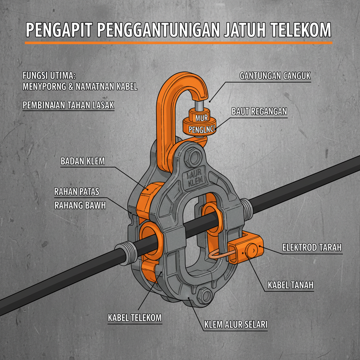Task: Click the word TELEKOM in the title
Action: pos(301,31)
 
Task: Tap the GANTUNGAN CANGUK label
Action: pos(275,76)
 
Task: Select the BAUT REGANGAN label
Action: pos(259,111)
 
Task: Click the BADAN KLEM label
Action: pos(83,161)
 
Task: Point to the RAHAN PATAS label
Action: pos(77,192)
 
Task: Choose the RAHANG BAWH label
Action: pos(80,205)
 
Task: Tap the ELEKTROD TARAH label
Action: pos(312,247)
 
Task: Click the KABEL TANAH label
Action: pos(290,285)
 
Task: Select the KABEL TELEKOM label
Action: pos(135,317)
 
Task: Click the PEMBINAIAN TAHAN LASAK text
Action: pos(68,105)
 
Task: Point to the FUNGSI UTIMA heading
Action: pos(49,76)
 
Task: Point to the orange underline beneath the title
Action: pos(178,43)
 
